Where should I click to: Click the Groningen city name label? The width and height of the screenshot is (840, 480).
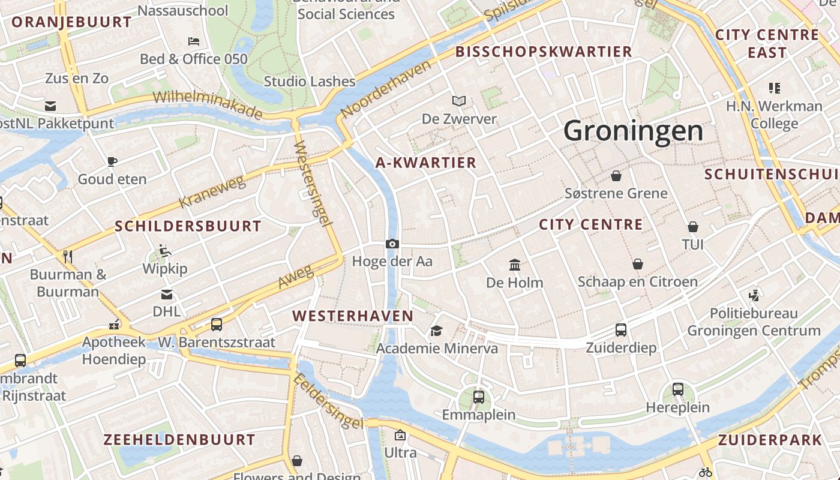(633, 131)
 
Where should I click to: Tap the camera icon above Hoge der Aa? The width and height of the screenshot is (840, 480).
(392, 244)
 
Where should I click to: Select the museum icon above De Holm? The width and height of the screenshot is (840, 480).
(514, 265)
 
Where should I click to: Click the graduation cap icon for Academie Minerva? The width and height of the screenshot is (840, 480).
(436, 331)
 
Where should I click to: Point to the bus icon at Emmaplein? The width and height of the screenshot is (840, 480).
(478, 397)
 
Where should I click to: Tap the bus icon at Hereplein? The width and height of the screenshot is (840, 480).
(677, 389)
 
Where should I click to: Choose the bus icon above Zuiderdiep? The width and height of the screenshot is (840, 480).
(621, 329)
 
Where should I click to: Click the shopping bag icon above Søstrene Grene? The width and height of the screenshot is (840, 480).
(616, 176)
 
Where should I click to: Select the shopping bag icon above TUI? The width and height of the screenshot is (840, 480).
(692, 227)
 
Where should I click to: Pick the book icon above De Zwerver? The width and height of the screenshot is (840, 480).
(459, 101)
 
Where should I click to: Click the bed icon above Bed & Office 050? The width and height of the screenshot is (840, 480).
(194, 41)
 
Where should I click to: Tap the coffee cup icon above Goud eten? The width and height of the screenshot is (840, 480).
(112, 161)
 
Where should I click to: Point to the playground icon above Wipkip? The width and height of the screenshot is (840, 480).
(165, 250)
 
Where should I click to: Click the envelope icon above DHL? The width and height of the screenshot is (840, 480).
(166, 294)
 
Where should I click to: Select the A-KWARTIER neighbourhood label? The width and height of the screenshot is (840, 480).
(426, 163)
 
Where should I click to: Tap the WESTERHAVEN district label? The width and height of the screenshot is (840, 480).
(353, 316)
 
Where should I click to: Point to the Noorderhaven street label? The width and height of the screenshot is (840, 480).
(386, 89)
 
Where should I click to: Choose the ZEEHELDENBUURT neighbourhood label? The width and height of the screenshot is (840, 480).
(179, 439)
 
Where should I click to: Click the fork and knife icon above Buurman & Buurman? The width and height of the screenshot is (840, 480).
(68, 257)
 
